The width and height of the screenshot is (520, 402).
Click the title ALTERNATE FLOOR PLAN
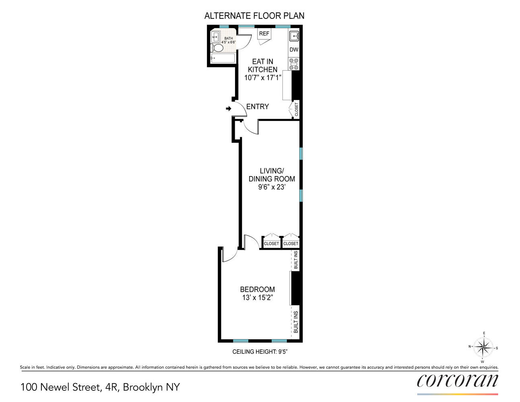(254, 16)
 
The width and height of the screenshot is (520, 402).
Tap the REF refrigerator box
(264, 33)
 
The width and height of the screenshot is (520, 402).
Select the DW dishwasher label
(294, 49)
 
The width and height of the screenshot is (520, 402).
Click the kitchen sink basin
(294, 36)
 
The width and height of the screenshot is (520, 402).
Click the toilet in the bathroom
(217, 48)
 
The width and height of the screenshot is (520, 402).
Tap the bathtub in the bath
(223, 58)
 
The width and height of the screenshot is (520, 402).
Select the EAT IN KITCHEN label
(262, 66)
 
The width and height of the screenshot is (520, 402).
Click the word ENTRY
(258, 107)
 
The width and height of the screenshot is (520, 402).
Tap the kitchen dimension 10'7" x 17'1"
(263, 78)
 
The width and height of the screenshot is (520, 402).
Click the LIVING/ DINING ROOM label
(272, 175)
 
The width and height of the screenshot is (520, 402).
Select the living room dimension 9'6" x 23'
(272, 187)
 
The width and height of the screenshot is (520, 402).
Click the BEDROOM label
(257, 289)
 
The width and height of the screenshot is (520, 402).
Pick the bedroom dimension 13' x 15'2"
(257, 297)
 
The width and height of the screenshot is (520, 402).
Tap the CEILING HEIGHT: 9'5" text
(260, 352)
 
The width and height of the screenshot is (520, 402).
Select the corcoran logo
(457, 381)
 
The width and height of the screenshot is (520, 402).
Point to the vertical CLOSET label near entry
(297, 109)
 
